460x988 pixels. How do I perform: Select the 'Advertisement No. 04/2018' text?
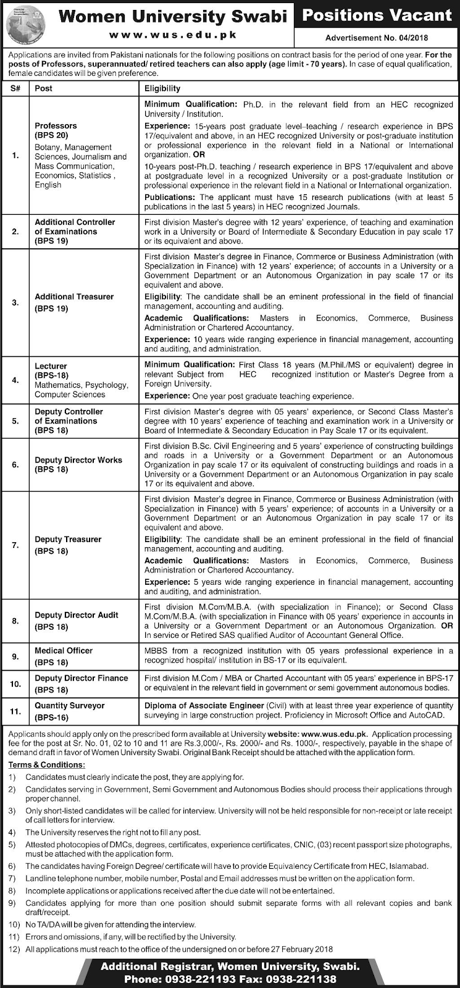pyautogui.click(x=377, y=38)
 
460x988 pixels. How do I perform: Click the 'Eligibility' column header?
pyautogui.click(x=162, y=88)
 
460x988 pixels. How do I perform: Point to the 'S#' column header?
pyautogui.click(x=15, y=88)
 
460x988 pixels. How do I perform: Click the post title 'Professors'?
pyautogui.click(x=56, y=125)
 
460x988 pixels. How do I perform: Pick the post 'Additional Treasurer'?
pyautogui.click(x=74, y=296)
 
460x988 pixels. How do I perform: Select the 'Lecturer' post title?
pyautogui.click(x=51, y=366)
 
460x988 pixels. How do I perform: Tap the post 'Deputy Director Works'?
pyautogui.click(x=78, y=460)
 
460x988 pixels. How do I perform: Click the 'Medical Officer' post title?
pyautogui.click(x=64, y=650)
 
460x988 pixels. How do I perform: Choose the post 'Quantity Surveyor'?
pyautogui.click(x=70, y=705)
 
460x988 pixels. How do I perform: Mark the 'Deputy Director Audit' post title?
pyautogui.click(x=77, y=615)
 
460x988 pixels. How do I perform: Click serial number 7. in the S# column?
pyautogui.click(x=15, y=545)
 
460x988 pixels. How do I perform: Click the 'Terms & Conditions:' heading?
pyautogui.click(x=46, y=764)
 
